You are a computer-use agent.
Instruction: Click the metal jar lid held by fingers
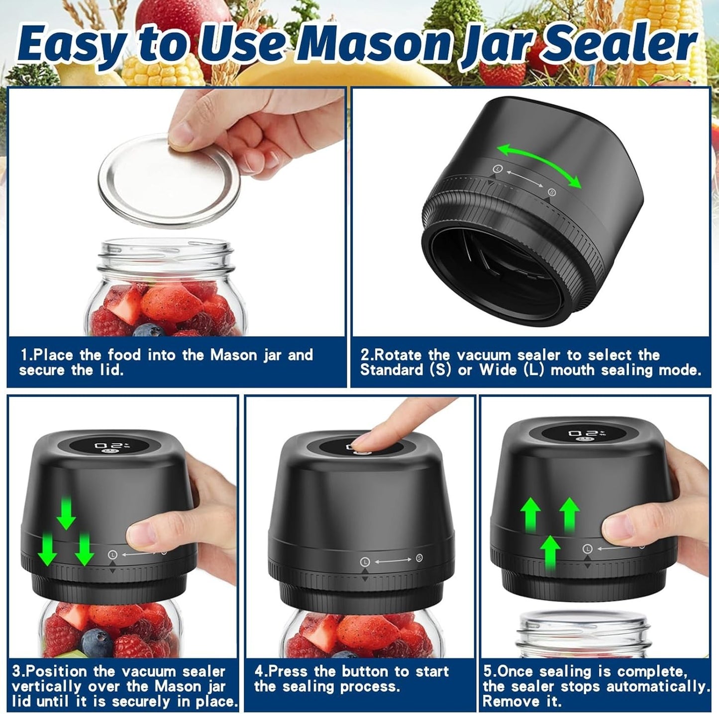[169, 180]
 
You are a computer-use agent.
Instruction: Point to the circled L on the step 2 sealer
[497, 169]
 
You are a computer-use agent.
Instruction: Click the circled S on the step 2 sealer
[551, 192]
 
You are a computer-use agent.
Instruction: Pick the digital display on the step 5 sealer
[584, 433]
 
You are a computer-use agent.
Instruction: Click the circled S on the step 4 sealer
[419, 558]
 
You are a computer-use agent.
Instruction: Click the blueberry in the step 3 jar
[98, 643]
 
